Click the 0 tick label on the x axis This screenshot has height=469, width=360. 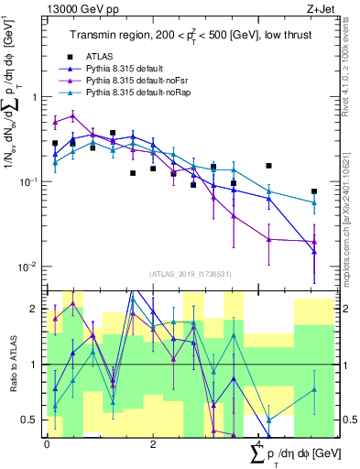47,443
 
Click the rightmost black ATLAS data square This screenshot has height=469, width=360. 314,191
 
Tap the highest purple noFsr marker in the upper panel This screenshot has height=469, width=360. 72,115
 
